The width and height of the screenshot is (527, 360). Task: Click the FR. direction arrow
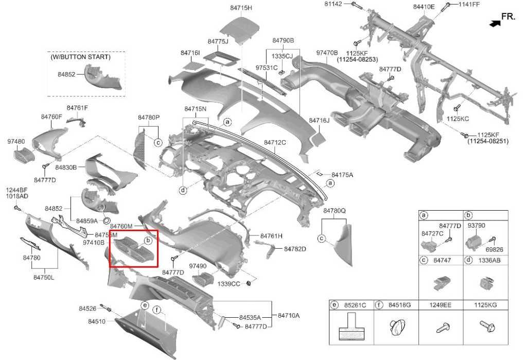(495, 23)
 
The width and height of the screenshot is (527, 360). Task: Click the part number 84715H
(241, 8)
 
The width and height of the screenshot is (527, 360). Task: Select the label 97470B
(327, 53)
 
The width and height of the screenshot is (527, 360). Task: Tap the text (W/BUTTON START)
(80, 57)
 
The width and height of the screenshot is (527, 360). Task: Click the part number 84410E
(424, 7)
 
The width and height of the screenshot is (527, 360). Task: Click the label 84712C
(275, 142)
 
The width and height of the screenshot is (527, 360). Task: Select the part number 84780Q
(335, 211)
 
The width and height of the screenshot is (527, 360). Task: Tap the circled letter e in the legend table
(334, 305)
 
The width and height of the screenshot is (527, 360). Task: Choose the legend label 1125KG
(486, 305)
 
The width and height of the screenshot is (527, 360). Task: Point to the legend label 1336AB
(489, 260)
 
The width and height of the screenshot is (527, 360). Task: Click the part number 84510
(97, 321)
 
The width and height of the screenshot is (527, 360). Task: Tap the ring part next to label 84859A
(106, 220)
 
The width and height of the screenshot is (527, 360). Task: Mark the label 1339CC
(229, 284)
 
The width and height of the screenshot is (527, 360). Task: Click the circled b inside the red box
(148, 240)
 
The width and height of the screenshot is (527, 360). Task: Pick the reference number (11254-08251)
(488, 141)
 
